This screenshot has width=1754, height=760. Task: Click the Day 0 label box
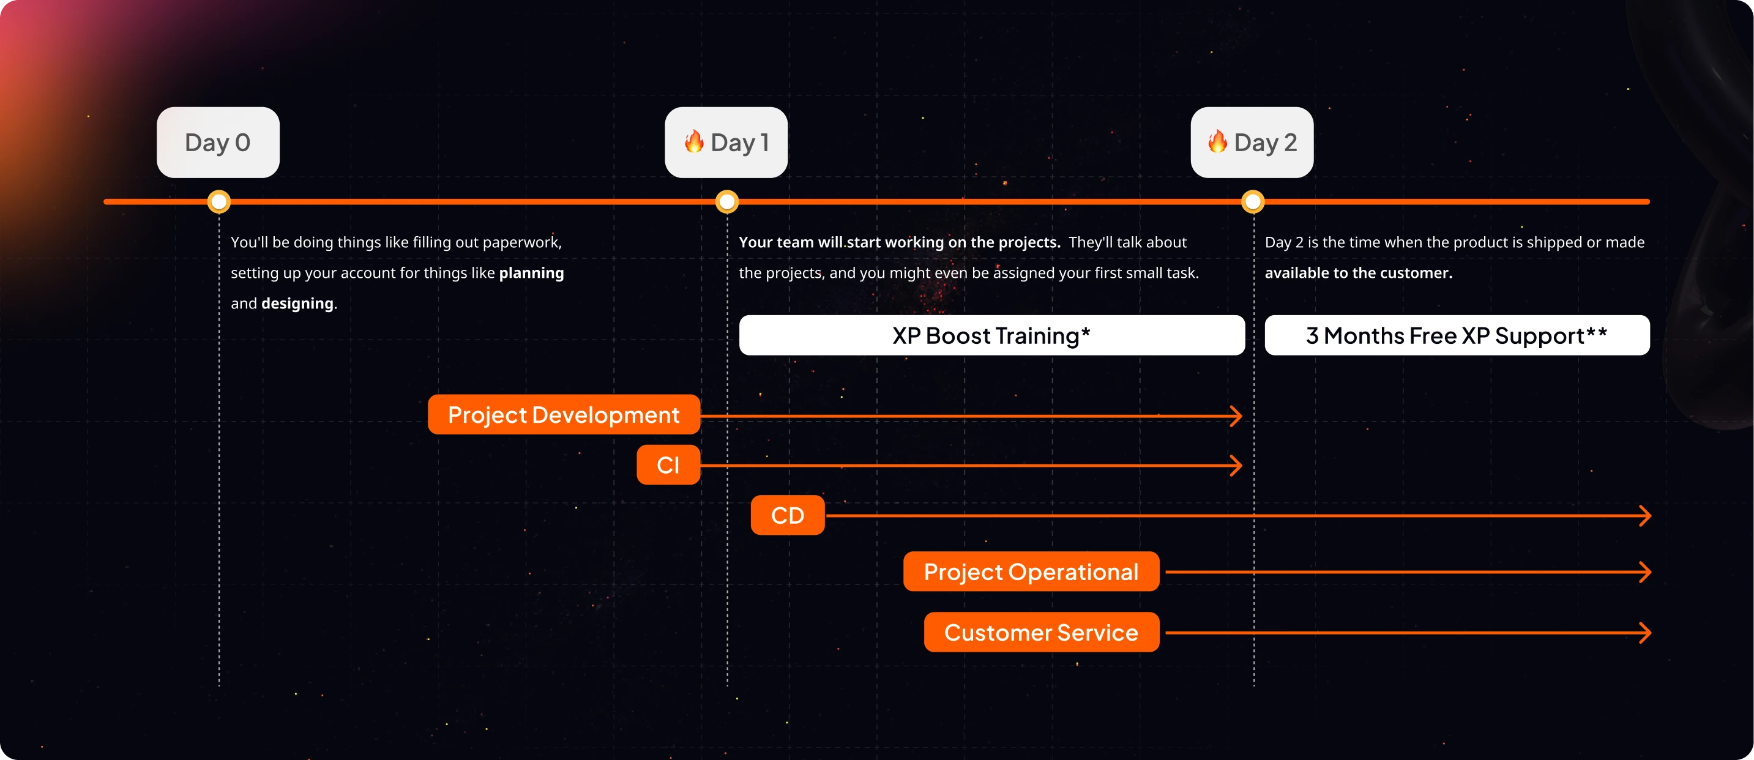click(218, 143)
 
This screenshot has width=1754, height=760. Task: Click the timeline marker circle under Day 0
click(218, 201)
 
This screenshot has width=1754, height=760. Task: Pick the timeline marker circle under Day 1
click(727, 201)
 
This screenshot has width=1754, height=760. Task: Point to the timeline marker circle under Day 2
click(1253, 201)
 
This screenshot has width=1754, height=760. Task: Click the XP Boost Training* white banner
click(991, 335)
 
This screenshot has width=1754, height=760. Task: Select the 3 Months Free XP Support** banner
click(1457, 335)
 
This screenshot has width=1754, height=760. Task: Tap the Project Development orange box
click(563, 414)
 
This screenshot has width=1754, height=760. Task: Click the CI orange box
click(668, 464)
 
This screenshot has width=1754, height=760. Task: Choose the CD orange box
click(787, 515)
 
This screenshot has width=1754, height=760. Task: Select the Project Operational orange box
click(1030, 572)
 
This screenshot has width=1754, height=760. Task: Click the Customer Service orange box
click(1040, 632)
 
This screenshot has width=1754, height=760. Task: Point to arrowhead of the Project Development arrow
click(1236, 416)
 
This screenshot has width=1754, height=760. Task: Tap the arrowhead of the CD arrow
click(1646, 515)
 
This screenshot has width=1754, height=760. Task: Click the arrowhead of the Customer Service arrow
click(1646, 633)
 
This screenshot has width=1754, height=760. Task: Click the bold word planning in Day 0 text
click(531, 273)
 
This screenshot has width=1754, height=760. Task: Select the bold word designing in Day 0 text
click(297, 304)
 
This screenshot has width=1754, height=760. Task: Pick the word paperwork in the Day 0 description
click(521, 242)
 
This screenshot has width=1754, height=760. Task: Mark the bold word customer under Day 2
click(1422, 273)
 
